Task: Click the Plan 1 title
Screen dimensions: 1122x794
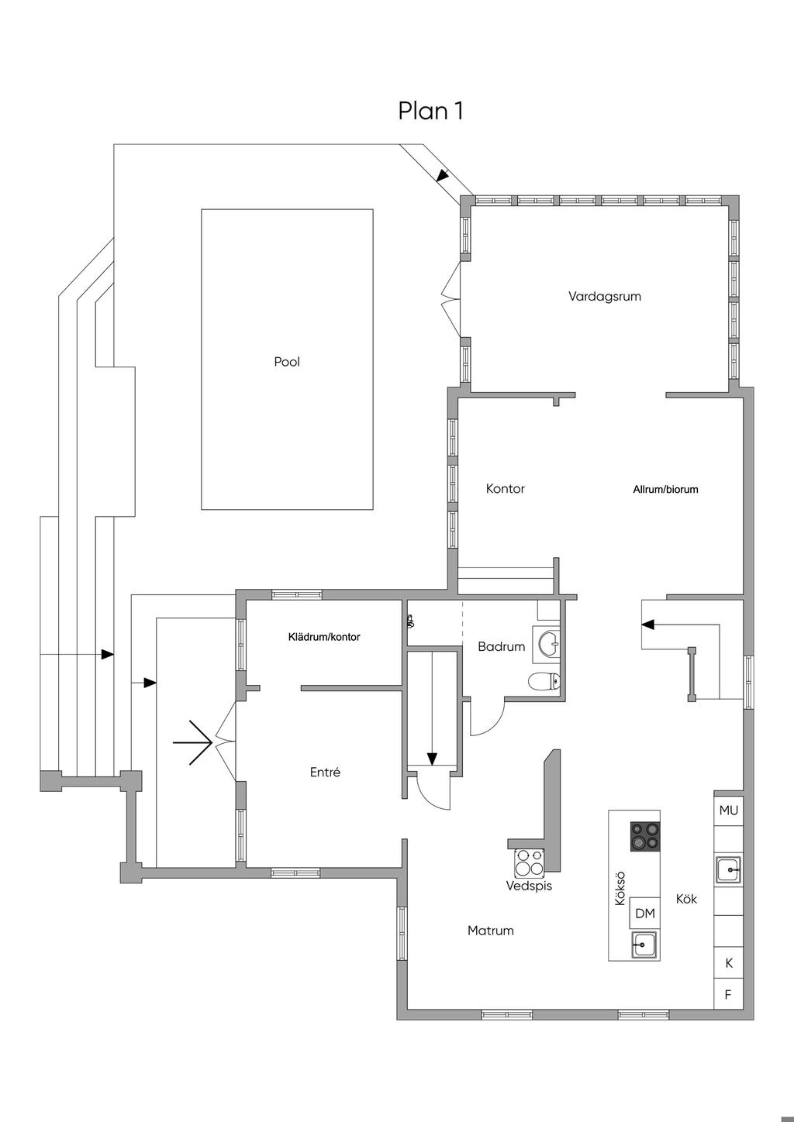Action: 431,111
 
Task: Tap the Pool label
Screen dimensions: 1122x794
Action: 287,362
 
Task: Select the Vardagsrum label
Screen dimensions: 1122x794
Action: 605,296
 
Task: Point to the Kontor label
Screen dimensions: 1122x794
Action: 506,489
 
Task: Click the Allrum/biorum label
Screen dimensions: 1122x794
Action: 665,490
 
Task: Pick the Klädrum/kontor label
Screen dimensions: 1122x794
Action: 324,637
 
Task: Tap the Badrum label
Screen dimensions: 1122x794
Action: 502,646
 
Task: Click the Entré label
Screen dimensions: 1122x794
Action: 325,773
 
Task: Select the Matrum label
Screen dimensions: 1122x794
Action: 491,931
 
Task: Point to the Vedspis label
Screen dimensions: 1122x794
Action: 529,886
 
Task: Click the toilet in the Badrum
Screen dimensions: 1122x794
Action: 544,682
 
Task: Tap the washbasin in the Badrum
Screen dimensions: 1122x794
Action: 549,643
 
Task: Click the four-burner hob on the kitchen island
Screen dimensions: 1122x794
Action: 645,837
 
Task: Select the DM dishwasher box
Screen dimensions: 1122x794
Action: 645,914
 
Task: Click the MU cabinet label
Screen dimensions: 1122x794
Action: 729,811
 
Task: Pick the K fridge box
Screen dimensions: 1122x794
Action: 729,964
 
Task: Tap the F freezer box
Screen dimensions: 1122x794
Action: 729,995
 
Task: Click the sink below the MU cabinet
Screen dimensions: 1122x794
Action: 728,869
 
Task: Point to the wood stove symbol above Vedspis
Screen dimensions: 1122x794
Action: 530,862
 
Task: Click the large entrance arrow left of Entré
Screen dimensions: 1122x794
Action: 193,743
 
